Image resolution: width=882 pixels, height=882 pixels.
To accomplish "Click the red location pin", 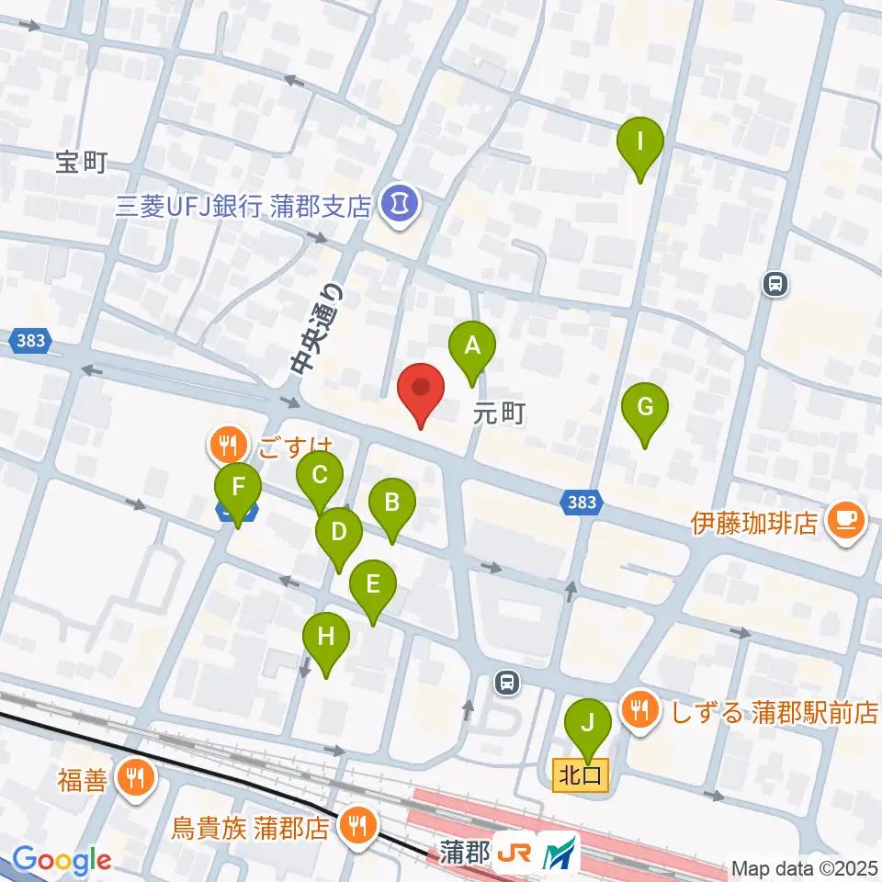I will coord(421,390).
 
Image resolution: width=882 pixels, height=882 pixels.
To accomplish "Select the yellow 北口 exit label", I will coord(581,775).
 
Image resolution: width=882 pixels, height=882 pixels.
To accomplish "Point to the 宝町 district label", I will coord(81,164).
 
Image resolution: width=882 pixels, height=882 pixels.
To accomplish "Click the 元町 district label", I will coord(499,413).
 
